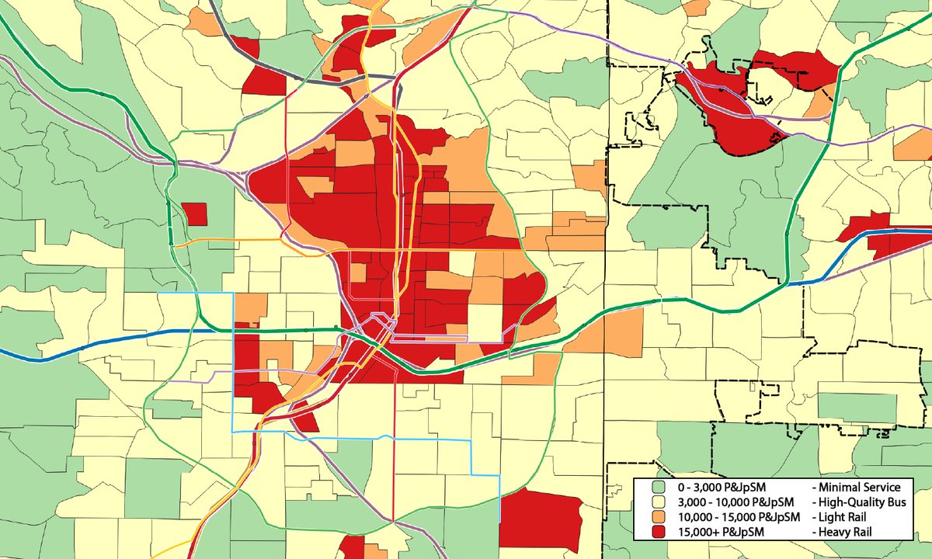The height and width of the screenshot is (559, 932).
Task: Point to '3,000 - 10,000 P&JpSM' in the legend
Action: click(x=736, y=502)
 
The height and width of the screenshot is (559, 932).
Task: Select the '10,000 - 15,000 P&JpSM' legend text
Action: click(x=739, y=517)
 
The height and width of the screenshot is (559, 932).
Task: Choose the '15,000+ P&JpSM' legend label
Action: click(x=719, y=533)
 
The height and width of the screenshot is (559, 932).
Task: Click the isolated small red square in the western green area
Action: click(x=194, y=214)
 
